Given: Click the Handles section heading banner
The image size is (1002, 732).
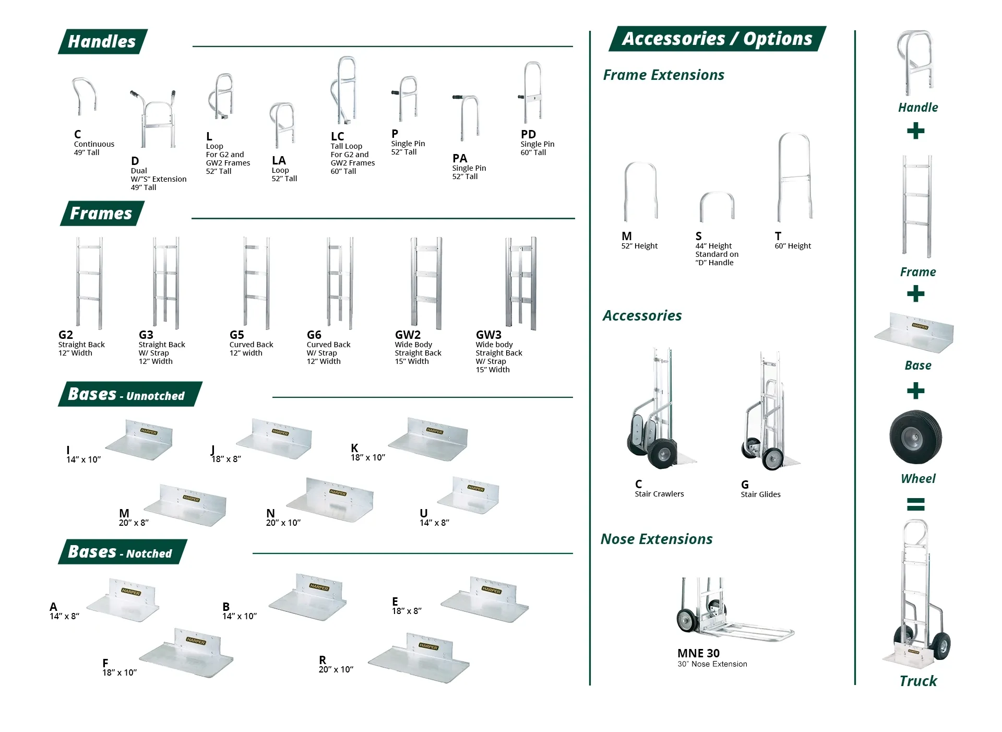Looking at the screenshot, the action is [103, 42].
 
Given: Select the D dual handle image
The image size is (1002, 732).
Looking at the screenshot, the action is [153, 119].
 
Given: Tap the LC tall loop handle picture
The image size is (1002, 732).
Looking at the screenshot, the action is [344, 90].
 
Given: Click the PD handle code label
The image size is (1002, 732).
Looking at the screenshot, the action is [528, 134].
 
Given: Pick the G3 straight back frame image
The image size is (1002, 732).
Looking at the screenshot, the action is [166, 282].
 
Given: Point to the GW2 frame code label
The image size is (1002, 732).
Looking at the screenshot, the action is [408, 335].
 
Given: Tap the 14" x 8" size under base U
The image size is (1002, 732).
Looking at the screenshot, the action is [434, 523].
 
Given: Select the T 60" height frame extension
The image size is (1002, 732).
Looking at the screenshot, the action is [795, 177].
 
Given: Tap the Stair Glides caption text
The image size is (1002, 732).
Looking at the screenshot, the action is [760, 494].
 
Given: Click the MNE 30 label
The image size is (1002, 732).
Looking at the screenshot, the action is [698, 653].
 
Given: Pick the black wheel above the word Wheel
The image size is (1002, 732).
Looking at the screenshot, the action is [916, 437].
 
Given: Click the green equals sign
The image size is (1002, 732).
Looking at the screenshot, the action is [916, 504].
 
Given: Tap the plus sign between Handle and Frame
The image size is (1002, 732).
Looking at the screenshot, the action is [916, 131].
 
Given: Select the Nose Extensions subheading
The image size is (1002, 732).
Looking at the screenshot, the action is [657, 539].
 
